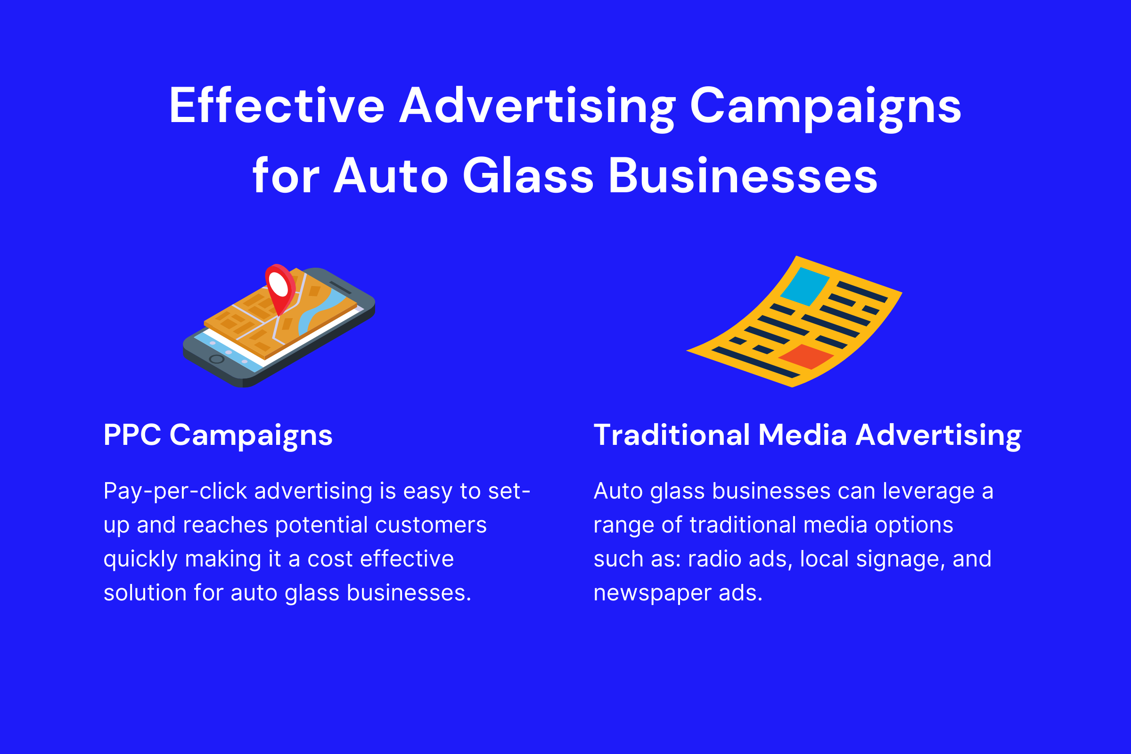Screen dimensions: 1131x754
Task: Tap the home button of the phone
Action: tap(217, 359)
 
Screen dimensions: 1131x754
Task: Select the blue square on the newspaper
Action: tap(804, 287)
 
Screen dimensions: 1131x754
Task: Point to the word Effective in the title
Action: tap(277, 106)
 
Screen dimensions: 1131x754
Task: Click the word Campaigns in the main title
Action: tap(825, 109)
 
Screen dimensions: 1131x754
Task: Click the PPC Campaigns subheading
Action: tap(218, 435)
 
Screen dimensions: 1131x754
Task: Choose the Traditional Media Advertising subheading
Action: tap(807, 435)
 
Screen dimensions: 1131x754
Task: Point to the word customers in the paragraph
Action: tap(431, 525)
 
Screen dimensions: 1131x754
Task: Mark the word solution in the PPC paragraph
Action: tap(145, 592)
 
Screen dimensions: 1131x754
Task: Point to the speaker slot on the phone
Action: tap(340, 288)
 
